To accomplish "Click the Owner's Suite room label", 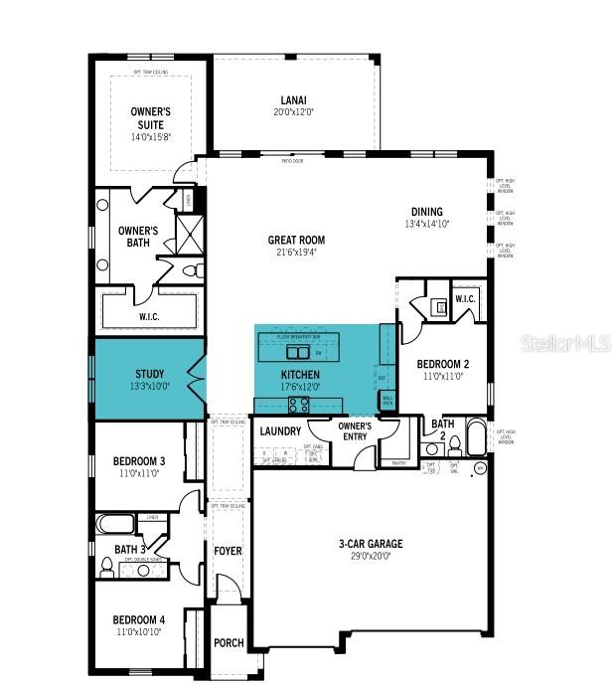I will (152, 118).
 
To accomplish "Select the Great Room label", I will (296, 240).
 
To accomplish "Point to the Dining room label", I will (427, 212).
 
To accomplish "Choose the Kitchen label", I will (297, 375).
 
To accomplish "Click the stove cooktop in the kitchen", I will (298, 404).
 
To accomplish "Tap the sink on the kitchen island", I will (299, 351).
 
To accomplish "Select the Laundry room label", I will (280, 431).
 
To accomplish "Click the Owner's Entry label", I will (355, 431).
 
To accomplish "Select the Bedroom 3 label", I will (139, 462).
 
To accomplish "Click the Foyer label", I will (229, 551).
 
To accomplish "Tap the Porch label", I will (229, 643).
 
